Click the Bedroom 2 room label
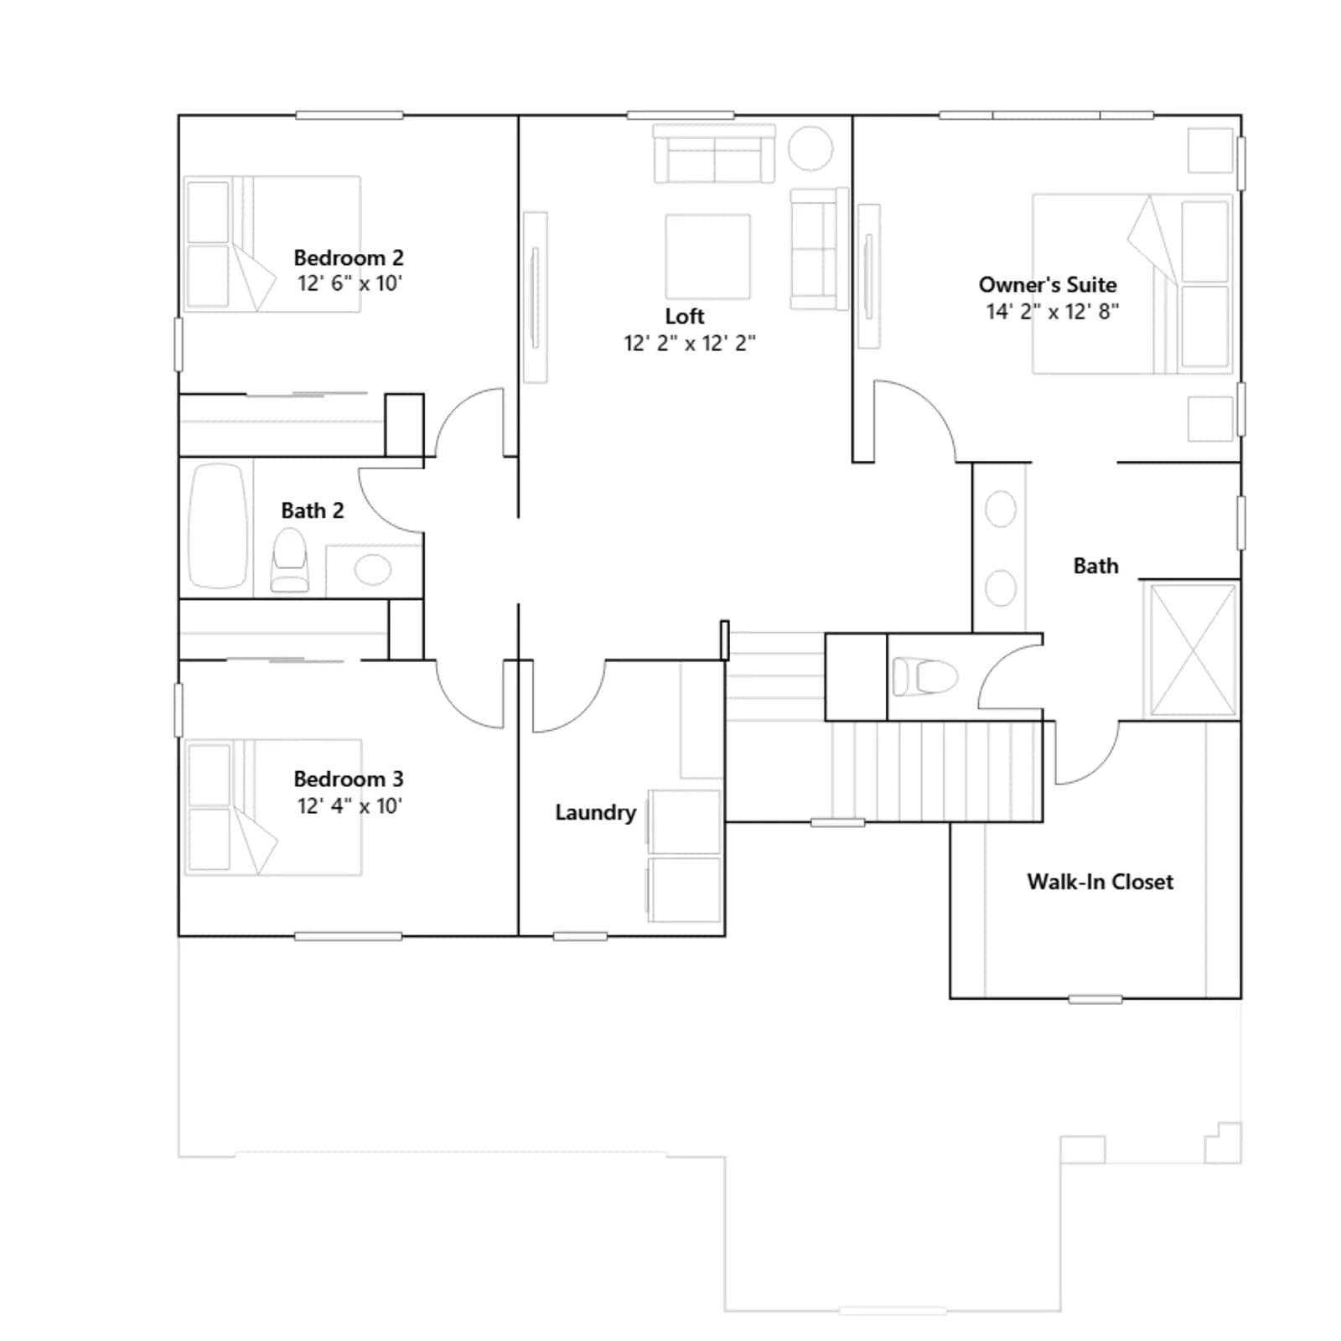tap(349, 257)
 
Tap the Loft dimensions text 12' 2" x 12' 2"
tap(690, 343)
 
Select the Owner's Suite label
tap(1048, 285)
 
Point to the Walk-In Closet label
tap(1100, 882)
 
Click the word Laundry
tap(596, 813)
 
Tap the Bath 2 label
tap(313, 510)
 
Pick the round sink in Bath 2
tap(373, 570)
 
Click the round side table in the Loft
tap(810, 148)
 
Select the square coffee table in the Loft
tap(708, 256)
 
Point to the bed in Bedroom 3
tap(273, 807)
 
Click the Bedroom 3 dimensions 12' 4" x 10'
tap(349, 806)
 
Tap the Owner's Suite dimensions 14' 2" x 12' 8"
tap(1053, 312)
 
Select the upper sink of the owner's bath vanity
tap(1001, 509)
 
